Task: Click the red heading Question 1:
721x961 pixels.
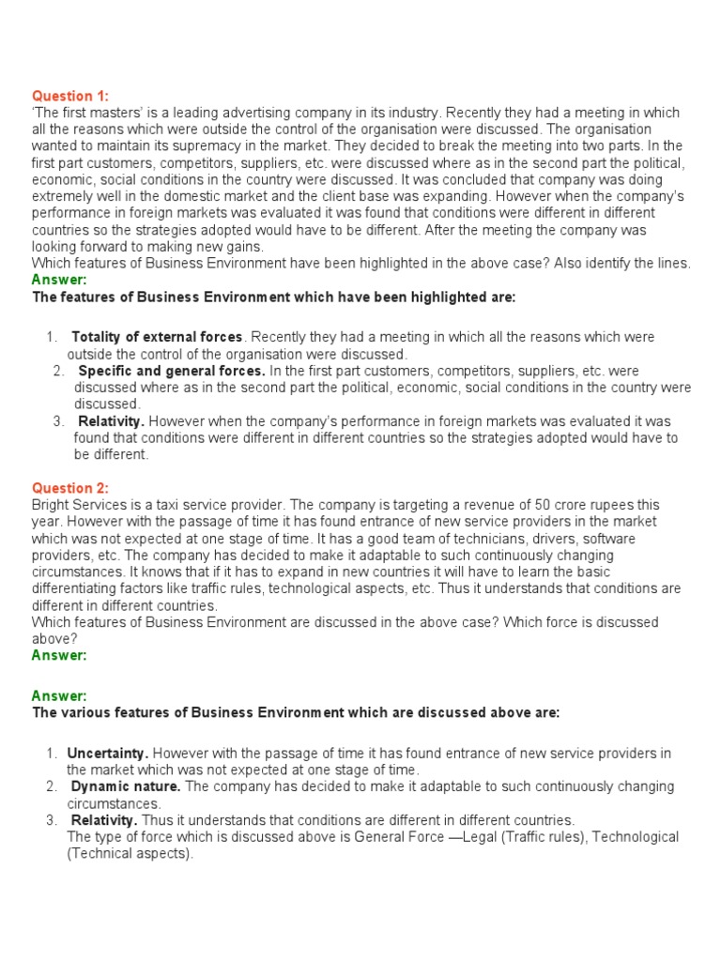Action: click(x=70, y=96)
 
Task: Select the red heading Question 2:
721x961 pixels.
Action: click(x=70, y=488)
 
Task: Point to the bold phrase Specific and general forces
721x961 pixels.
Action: click(x=172, y=371)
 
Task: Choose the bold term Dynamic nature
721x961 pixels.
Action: click(x=127, y=786)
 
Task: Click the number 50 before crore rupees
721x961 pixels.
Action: click(x=544, y=505)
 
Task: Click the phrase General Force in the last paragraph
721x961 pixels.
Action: click(x=399, y=837)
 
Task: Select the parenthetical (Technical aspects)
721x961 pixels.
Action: click(x=130, y=854)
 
